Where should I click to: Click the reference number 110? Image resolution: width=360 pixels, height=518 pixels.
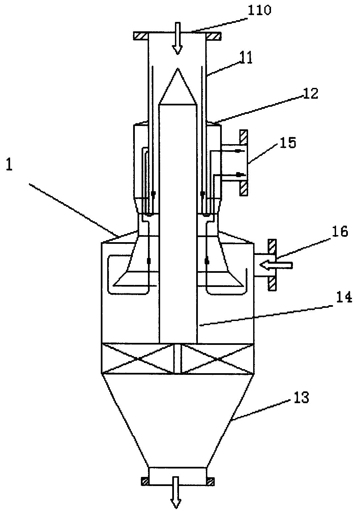[259, 10]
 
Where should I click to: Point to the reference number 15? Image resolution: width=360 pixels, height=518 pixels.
[289, 143]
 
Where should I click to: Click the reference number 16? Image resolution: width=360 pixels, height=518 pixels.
[340, 231]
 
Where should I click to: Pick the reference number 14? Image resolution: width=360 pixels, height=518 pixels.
[344, 297]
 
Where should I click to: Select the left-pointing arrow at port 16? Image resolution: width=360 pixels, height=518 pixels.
[276, 265]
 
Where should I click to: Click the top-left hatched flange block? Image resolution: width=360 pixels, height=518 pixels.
[140, 36]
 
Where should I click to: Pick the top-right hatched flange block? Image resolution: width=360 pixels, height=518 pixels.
[213, 36]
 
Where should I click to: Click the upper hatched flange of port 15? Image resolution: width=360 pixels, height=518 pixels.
[244, 138]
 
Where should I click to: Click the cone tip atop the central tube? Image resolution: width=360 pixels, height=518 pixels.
[178, 68]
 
